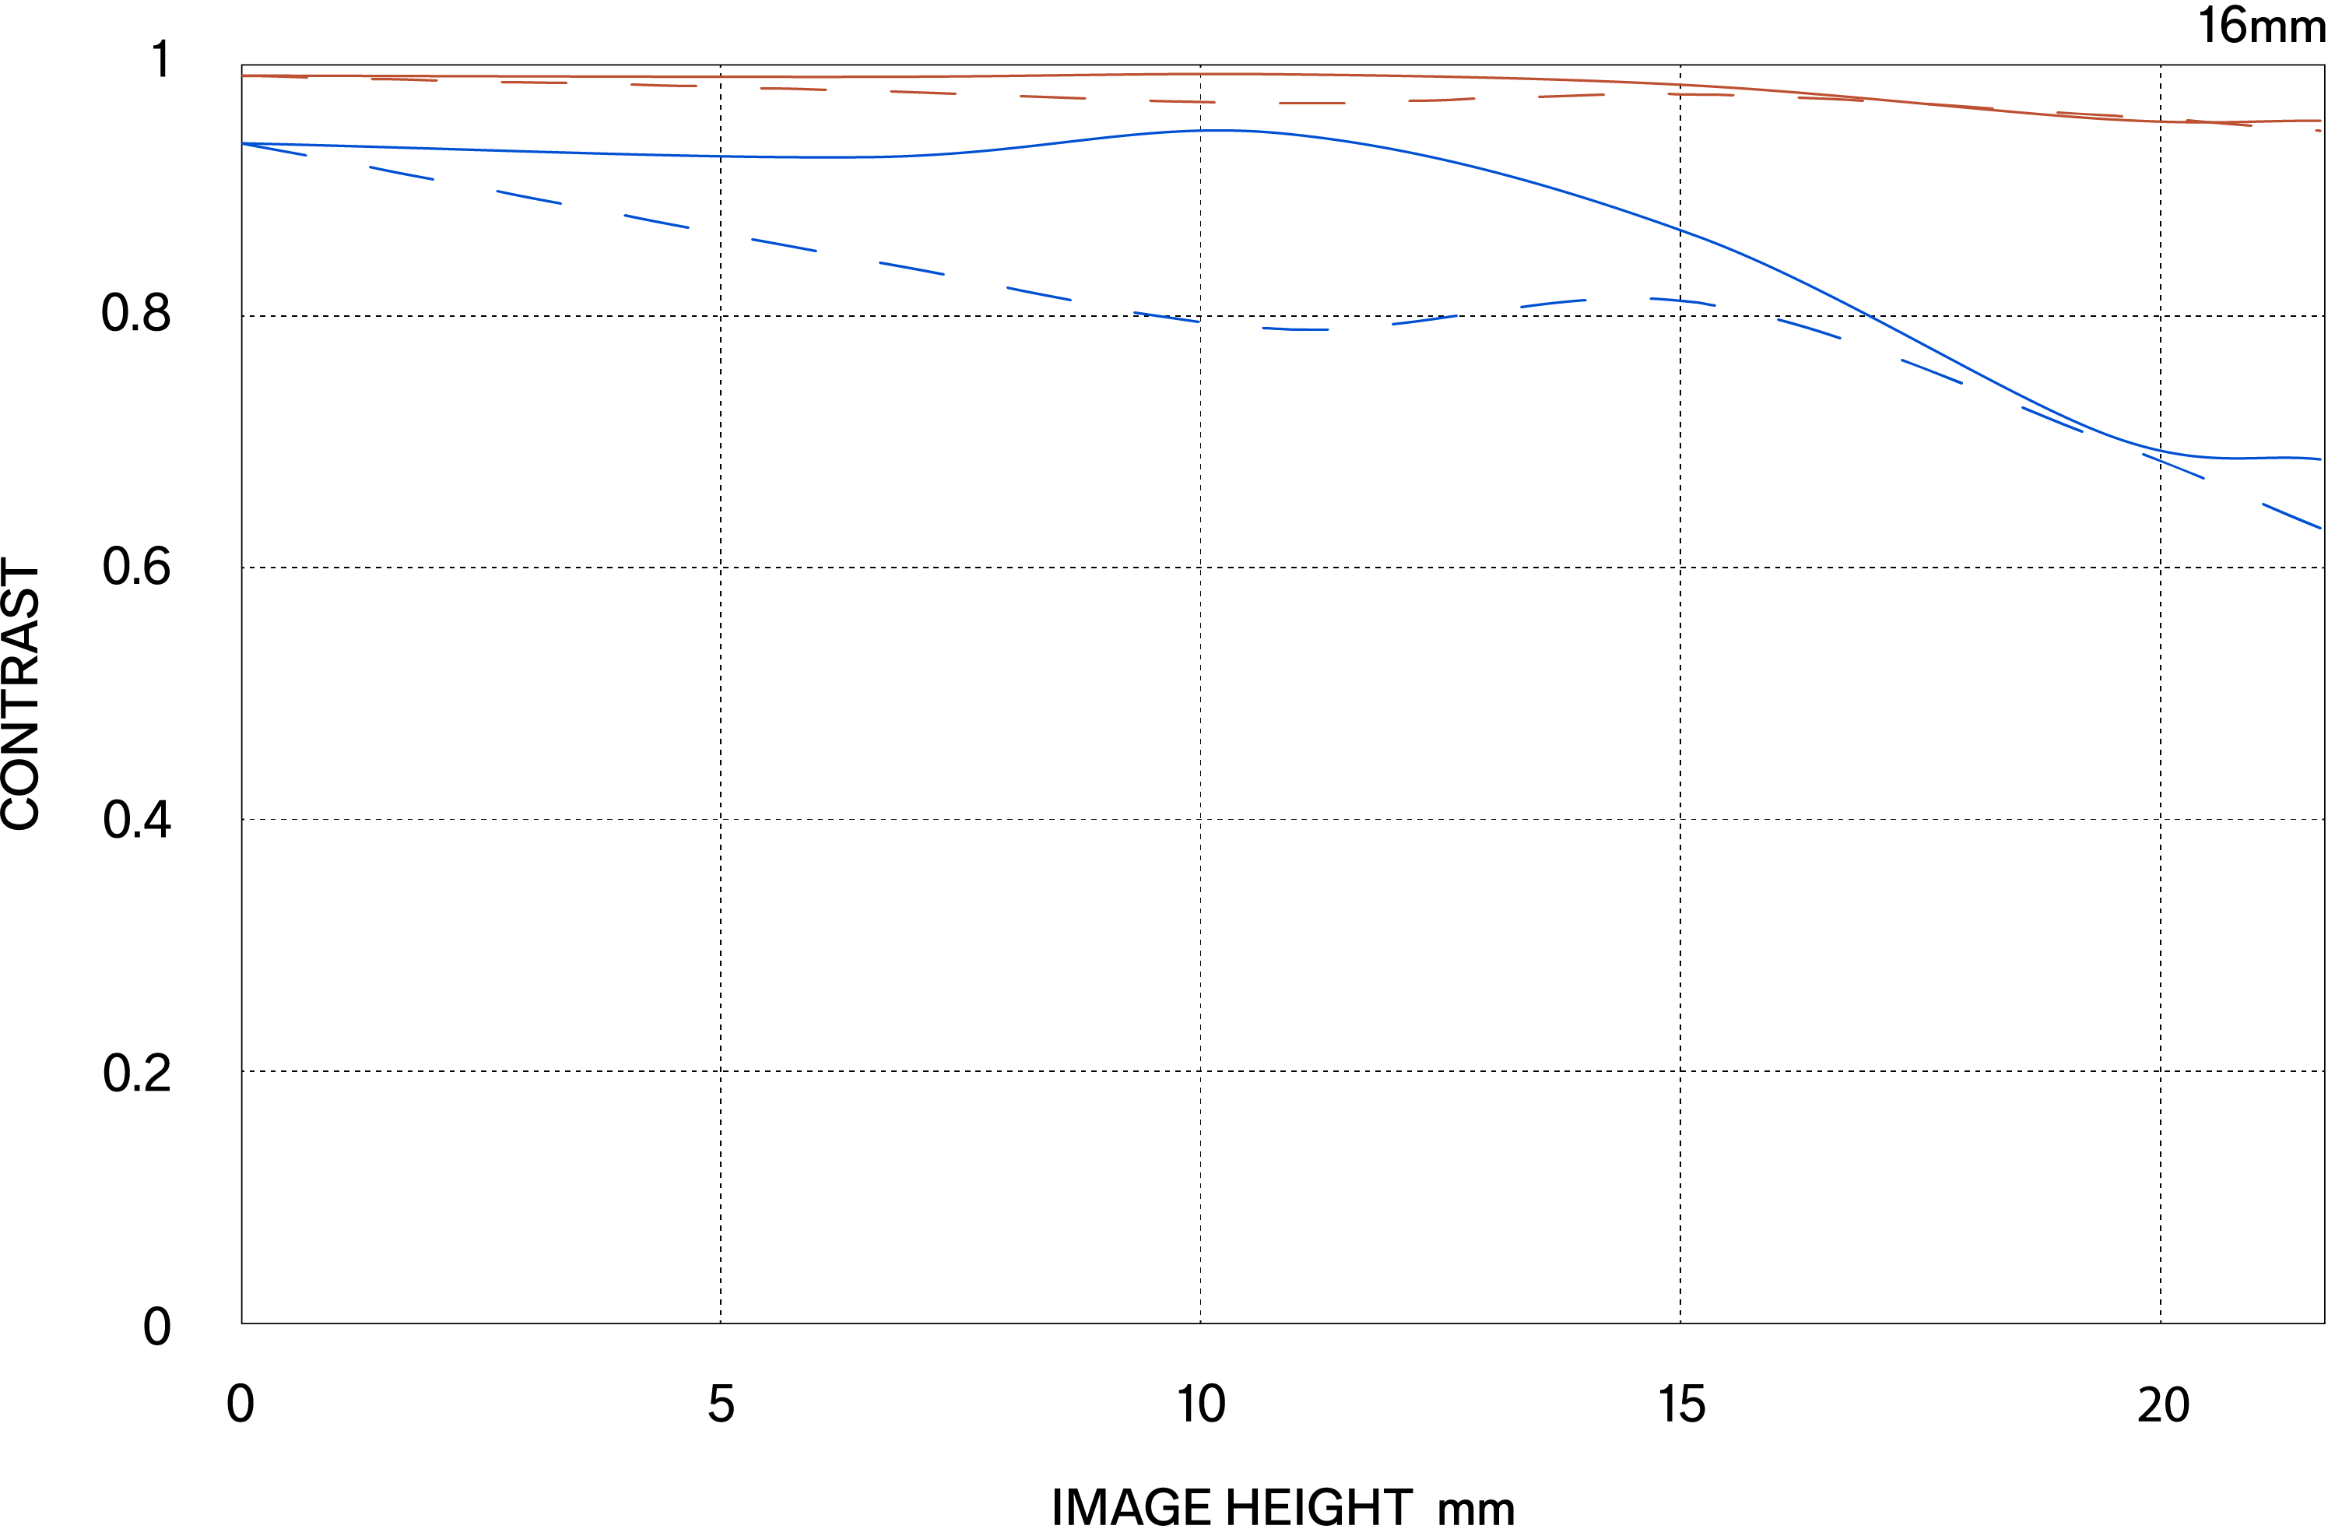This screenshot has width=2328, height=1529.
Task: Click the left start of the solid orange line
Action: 244,76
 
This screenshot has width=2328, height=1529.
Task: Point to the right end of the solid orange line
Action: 2320,121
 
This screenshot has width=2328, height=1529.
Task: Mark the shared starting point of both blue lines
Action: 244,144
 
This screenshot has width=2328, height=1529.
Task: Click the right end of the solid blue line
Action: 2320,459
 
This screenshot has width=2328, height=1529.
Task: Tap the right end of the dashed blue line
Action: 2320,527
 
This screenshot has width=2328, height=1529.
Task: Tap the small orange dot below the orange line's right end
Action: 2317,130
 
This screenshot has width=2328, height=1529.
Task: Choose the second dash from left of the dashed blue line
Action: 401,173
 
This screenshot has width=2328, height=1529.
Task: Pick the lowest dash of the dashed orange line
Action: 1311,103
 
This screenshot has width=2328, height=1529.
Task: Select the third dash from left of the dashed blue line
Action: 529,198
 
